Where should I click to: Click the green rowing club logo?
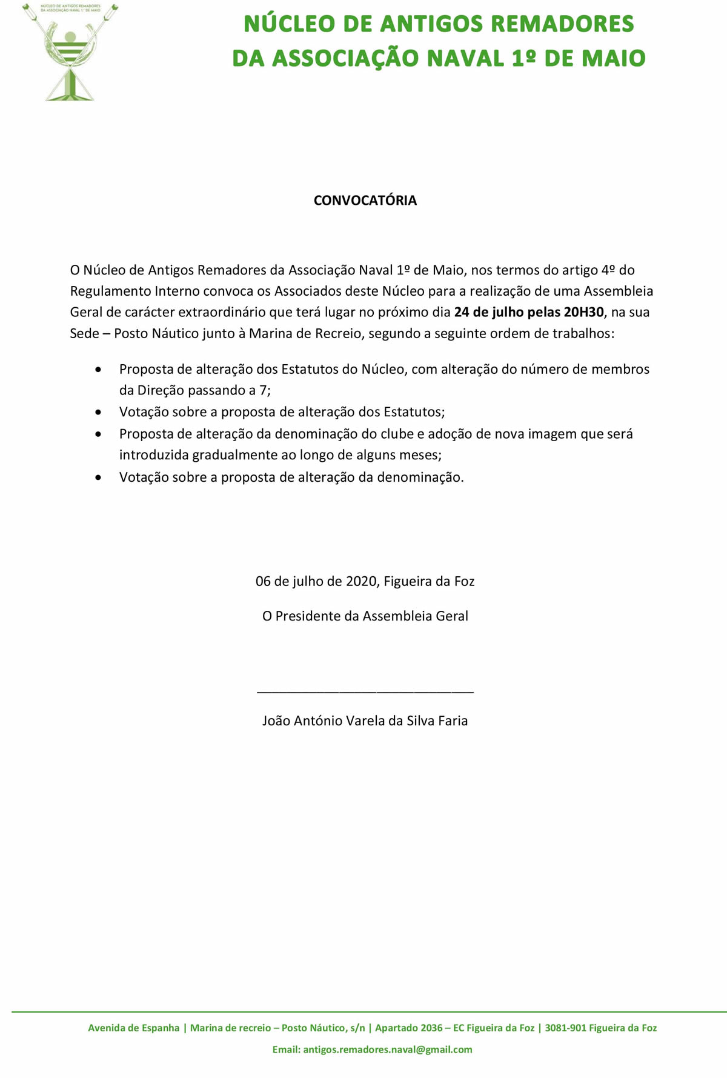70,52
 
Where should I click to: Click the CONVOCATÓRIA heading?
365,201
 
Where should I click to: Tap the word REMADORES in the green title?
562,24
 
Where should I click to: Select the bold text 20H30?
583,312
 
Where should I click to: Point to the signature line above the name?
365,690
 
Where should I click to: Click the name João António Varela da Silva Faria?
365,720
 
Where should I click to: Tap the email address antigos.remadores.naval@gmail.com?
387,1049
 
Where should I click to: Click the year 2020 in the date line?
362,581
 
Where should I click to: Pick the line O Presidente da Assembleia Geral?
365,616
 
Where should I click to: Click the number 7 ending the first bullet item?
263,390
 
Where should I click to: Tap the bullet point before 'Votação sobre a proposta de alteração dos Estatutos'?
99,412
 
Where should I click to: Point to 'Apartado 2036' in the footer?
408,1028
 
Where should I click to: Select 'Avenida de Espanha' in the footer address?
134,1028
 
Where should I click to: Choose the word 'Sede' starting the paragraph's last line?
84,333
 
